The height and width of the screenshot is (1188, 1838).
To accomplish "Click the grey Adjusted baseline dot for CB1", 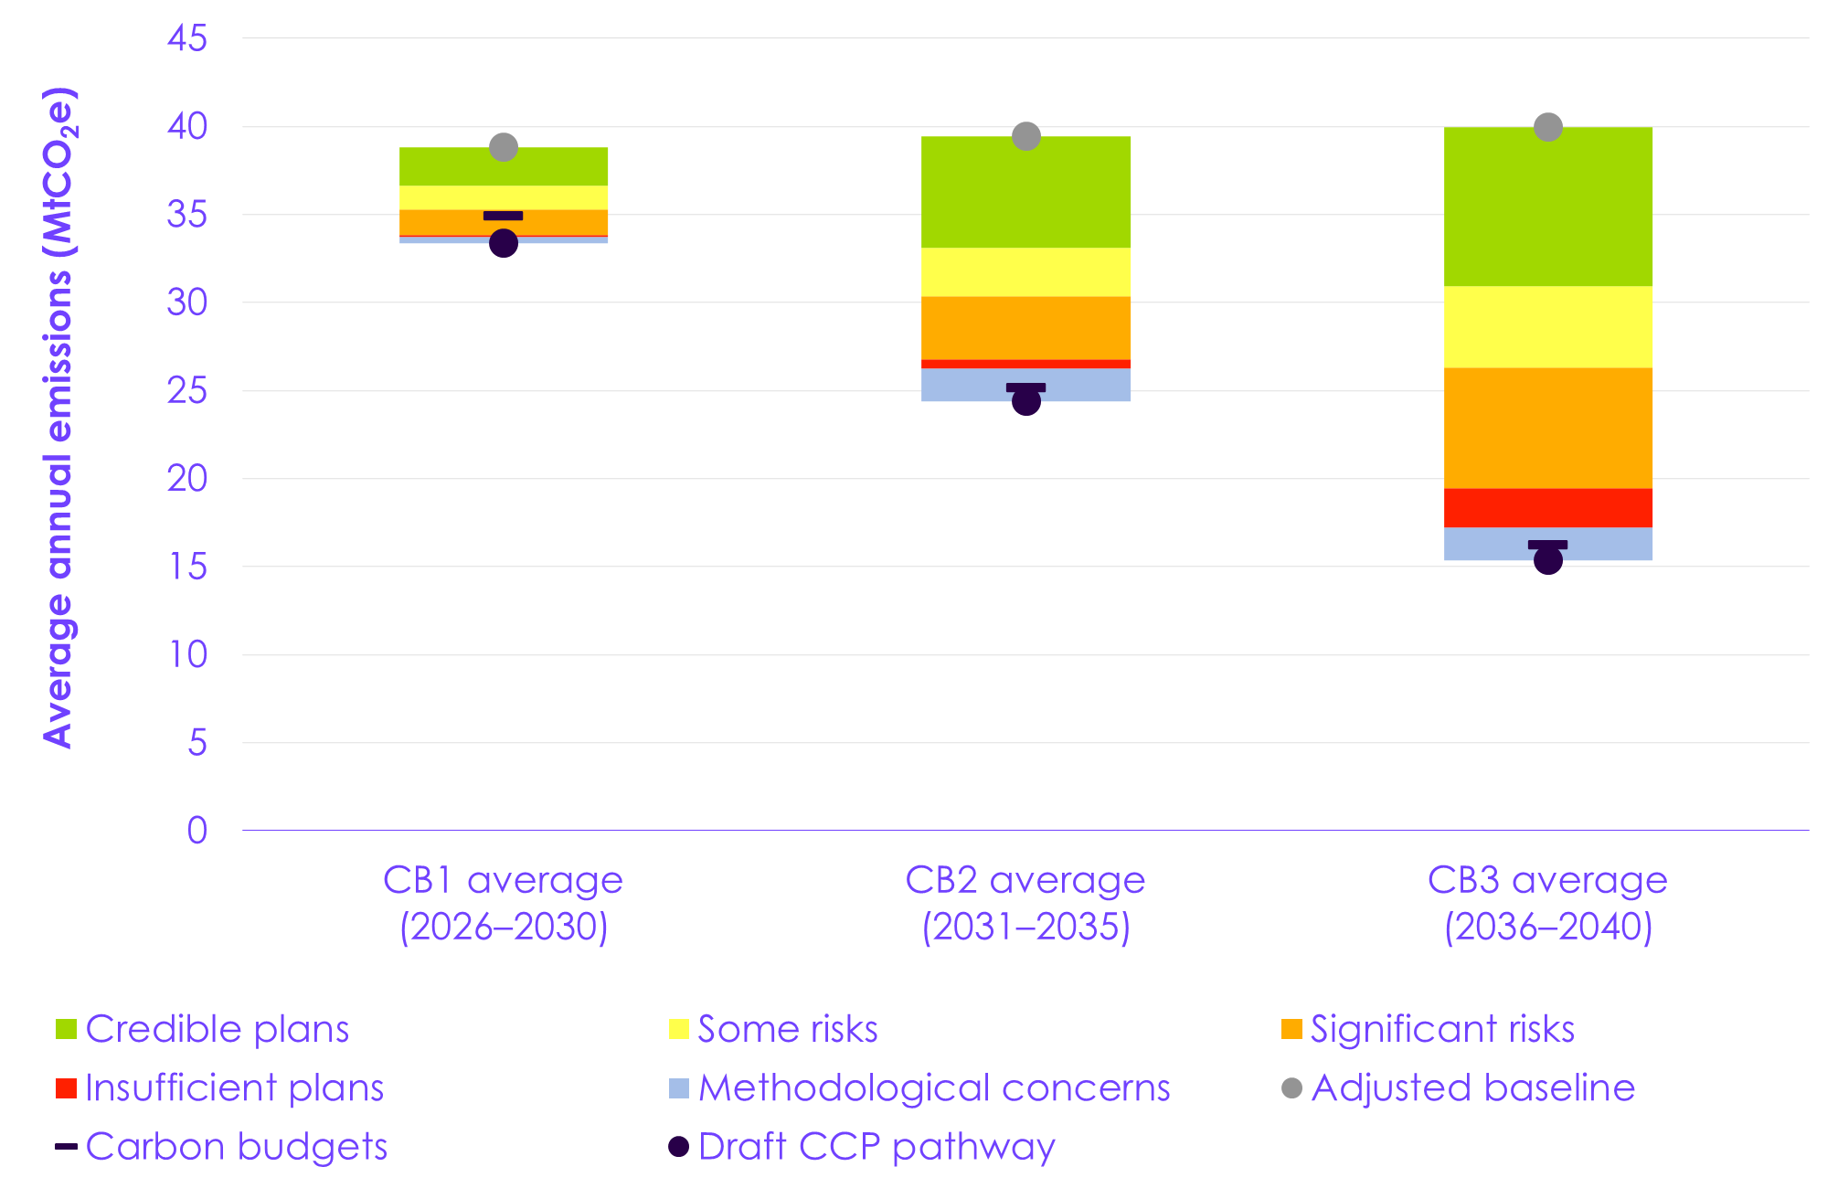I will point(504,147).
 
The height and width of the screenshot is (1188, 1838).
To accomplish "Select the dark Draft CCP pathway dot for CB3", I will point(1547,560).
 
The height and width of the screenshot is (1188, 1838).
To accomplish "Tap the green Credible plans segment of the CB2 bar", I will point(1025,192).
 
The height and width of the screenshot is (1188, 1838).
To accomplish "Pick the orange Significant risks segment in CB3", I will point(1547,428).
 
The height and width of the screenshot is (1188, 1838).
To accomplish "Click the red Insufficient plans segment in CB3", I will point(1547,508).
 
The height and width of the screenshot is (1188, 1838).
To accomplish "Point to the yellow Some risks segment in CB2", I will point(1025,271).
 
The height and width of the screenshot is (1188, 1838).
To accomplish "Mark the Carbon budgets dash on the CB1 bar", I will point(504,216).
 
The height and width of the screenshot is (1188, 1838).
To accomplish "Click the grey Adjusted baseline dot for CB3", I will point(1547,127).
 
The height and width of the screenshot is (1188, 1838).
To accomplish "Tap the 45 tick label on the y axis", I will point(187,38).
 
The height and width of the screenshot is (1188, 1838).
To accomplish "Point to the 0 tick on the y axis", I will point(197,831).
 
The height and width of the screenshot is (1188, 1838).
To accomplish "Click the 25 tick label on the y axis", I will point(187,391).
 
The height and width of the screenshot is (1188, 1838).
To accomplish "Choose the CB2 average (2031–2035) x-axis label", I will point(1025,903).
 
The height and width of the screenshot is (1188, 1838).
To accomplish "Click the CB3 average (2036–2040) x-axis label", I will point(1547,903).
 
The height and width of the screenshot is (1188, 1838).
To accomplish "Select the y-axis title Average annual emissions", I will point(58,418).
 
